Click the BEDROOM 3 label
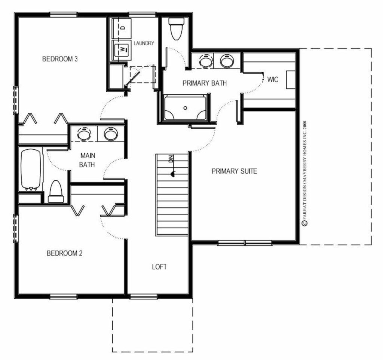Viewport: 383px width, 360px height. coord(60,59)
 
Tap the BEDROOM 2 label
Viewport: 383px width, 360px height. coord(64,253)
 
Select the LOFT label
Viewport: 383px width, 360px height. coord(159,267)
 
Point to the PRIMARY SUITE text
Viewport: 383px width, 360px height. coord(234,171)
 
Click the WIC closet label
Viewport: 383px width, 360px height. coord(273,79)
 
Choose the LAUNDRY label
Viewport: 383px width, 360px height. coord(144,43)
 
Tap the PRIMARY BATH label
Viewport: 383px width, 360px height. coord(205,83)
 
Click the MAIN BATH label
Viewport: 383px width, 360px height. coord(88,160)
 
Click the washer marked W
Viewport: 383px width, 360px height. coord(122,49)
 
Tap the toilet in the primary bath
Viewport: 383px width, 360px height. coord(176,29)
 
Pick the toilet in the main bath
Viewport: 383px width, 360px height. coord(56,192)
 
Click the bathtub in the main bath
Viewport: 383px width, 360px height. coord(31,170)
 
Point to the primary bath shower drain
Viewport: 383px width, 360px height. coord(186,108)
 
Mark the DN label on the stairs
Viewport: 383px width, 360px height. coord(171,159)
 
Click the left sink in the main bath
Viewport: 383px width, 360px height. coord(84,134)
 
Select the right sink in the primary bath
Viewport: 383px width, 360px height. coord(227,60)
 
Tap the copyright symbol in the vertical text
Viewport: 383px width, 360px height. coord(304,223)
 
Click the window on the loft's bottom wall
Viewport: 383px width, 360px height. coord(143,296)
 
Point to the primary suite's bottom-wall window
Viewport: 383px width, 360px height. coord(245,243)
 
